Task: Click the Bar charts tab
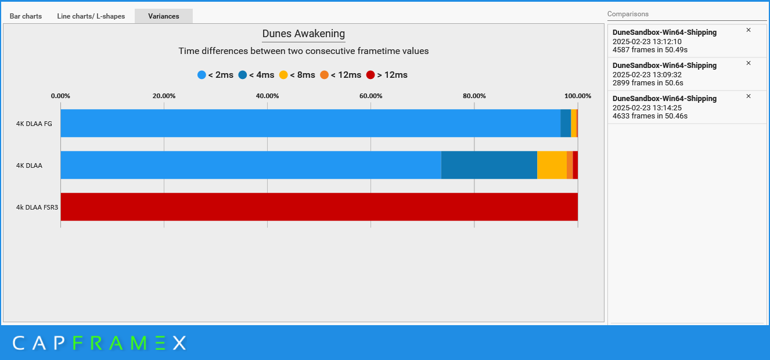[26, 16]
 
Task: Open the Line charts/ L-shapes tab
[91, 16]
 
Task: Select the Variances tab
[163, 16]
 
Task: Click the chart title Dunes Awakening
[304, 34]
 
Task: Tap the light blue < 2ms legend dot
[202, 75]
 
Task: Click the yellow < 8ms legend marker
[283, 75]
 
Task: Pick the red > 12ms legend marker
[370, 75]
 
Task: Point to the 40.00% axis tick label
[267, 96]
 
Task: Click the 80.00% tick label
[474, 96]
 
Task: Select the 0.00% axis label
[60, 96]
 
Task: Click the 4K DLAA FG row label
[34, 123]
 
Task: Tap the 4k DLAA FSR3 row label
[37, 207]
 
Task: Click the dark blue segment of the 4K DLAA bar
[489, 165]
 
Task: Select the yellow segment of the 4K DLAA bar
[552, 165]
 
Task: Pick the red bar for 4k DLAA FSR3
[319, 207]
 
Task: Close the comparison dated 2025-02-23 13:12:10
[749, 30]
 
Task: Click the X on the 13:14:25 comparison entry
[749, 96]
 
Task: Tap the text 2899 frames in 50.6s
[647, 83]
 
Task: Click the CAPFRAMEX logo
[99, 343]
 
